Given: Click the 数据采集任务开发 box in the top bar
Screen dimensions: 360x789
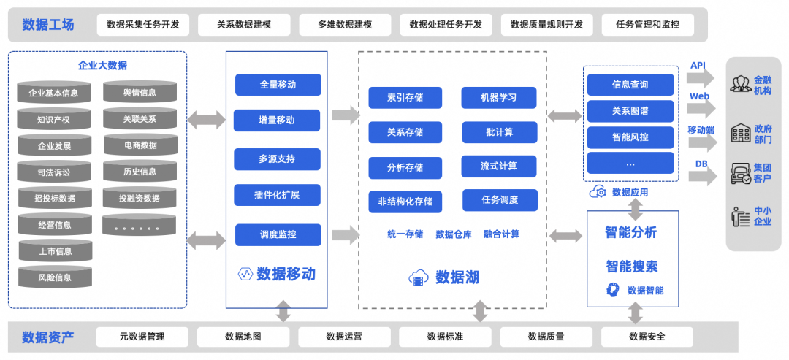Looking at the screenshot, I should [142, 24].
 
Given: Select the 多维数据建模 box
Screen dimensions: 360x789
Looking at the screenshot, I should [345, 24].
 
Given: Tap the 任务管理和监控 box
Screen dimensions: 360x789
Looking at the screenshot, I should [647, 24].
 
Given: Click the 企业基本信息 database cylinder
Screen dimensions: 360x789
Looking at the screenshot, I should [53, 93].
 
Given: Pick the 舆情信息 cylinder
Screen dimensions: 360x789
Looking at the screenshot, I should [140, 92].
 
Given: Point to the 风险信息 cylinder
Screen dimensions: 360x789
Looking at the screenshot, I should [55, 277].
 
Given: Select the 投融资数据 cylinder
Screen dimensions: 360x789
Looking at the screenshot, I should [140, 198].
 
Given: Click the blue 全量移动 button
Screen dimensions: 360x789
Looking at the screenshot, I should [278, 84].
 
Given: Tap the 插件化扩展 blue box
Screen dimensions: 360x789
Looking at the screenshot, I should [278, 195].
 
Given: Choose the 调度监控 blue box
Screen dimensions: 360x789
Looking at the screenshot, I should [278, 234].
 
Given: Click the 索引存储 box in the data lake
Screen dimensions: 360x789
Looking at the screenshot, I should [405, 97].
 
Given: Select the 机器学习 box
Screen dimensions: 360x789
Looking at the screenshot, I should [499, 97].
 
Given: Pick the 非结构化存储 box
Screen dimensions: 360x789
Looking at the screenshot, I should [405, 202].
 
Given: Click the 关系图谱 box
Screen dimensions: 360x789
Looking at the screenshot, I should [630, 110].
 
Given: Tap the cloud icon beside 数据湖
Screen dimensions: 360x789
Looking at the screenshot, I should [419, 277].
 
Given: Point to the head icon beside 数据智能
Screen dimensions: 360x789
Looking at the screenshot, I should [613, 290].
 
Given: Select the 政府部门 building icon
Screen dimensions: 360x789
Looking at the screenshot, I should [741, 134].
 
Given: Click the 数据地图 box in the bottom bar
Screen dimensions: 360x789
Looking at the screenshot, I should [243, 337].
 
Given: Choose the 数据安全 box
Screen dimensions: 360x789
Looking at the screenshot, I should [647, 337].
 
